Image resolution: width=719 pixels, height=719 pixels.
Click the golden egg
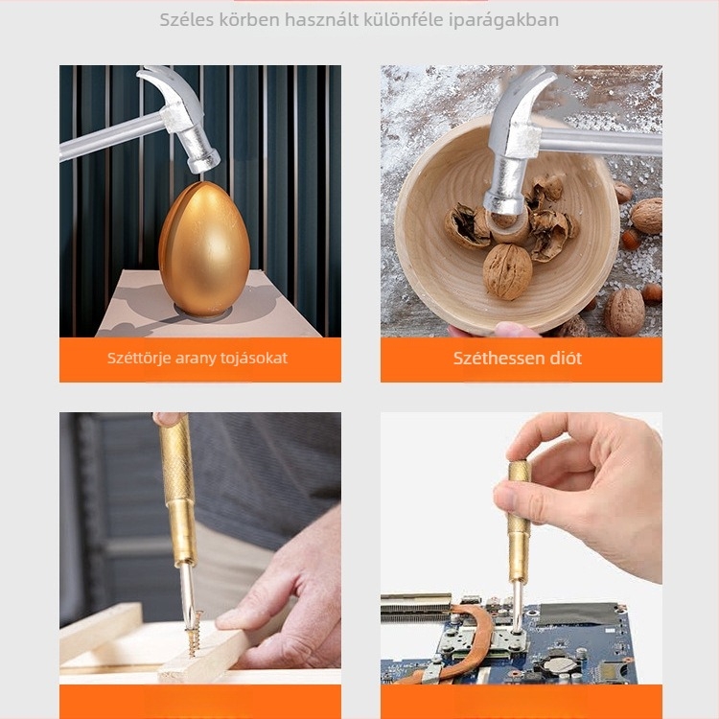click(x=204, y=249)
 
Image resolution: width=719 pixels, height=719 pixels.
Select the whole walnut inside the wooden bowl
click(x=507, y=271)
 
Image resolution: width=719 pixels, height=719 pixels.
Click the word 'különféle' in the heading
click(x=404, y=20)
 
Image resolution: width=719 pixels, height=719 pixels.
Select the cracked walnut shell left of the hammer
click(x=464, y=226)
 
